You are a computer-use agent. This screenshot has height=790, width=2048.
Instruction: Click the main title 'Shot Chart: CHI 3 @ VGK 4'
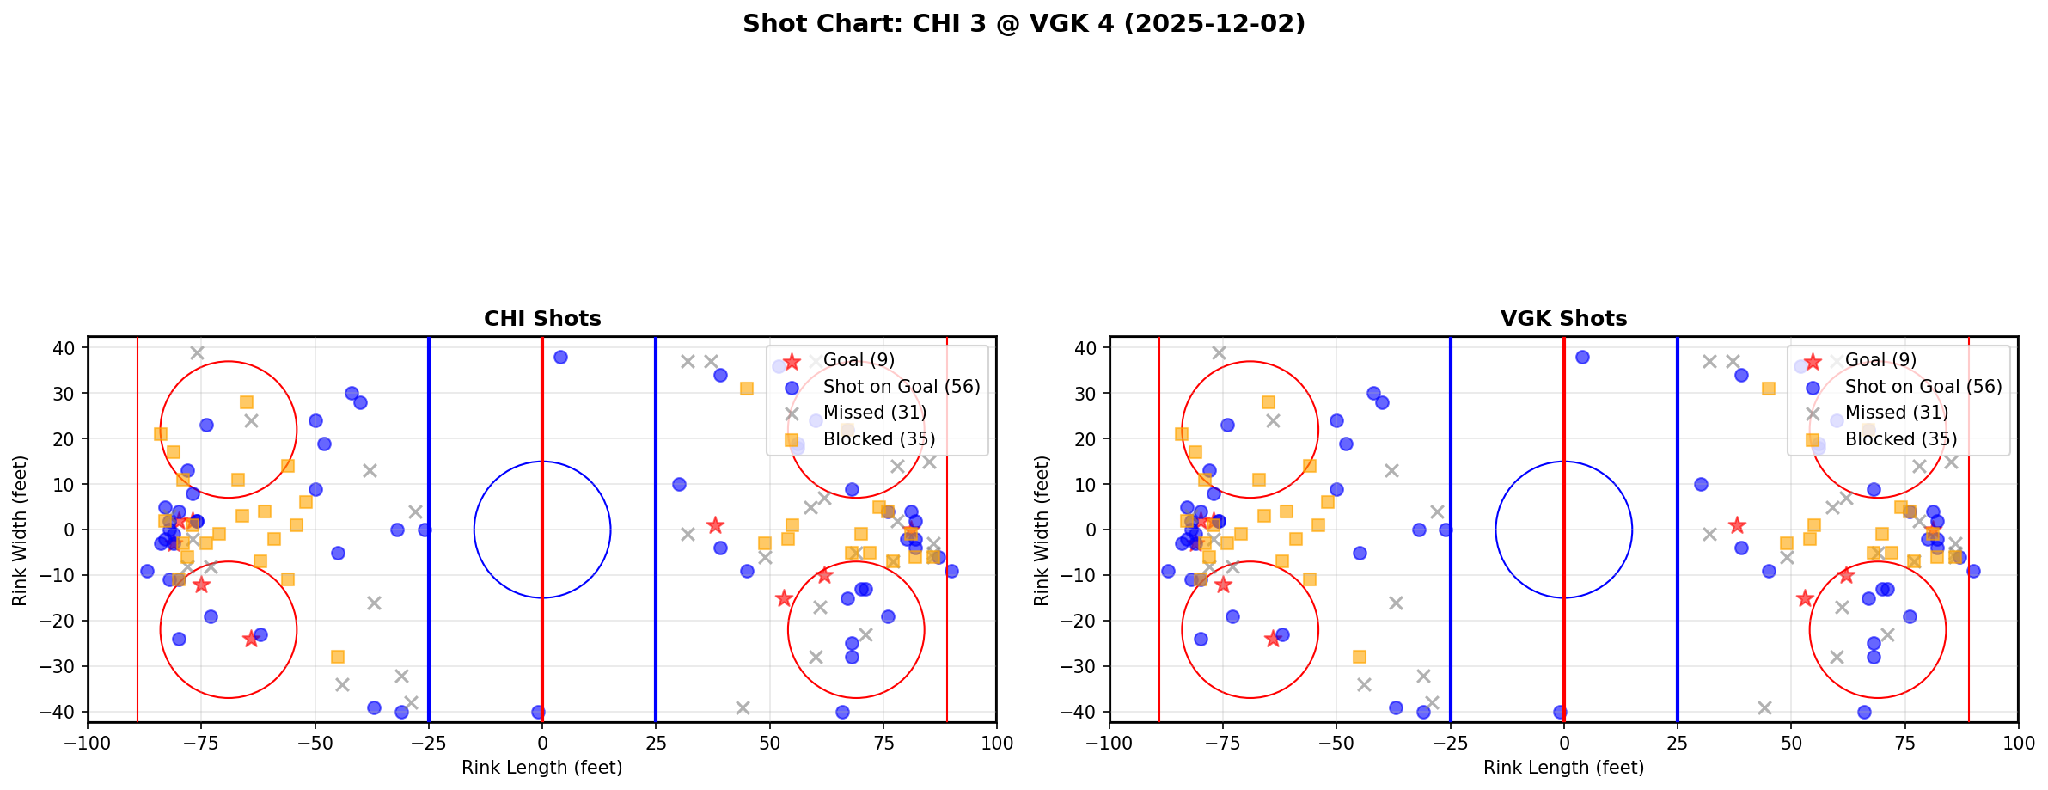1024,23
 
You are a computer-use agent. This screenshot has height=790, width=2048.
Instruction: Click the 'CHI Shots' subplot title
542,319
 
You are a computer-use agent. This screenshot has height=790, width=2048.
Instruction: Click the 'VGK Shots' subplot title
1563,319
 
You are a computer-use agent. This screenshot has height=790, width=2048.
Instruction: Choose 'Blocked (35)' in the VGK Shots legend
1900,439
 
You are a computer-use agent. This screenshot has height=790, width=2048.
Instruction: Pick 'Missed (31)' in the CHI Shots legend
874,413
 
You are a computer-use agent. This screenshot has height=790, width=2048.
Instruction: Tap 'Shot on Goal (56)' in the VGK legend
1923,387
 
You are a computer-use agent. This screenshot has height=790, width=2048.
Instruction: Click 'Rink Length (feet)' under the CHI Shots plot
542,768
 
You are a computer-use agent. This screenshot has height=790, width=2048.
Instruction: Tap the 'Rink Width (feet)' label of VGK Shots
1042,530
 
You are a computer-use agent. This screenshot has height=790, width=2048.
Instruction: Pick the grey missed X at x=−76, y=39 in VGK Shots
1219,352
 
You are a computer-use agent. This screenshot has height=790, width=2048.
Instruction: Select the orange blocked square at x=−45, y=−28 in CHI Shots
338,657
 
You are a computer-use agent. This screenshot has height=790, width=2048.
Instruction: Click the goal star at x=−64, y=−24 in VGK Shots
1273,639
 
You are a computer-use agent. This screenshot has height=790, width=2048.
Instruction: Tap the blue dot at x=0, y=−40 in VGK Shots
1560,712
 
